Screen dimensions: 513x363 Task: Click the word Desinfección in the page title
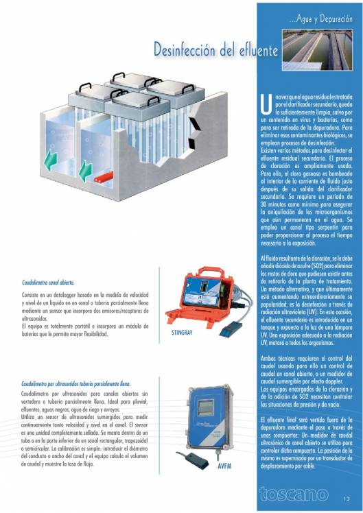click(x=185, y=51)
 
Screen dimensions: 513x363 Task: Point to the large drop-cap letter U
click(x=266, y=104)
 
